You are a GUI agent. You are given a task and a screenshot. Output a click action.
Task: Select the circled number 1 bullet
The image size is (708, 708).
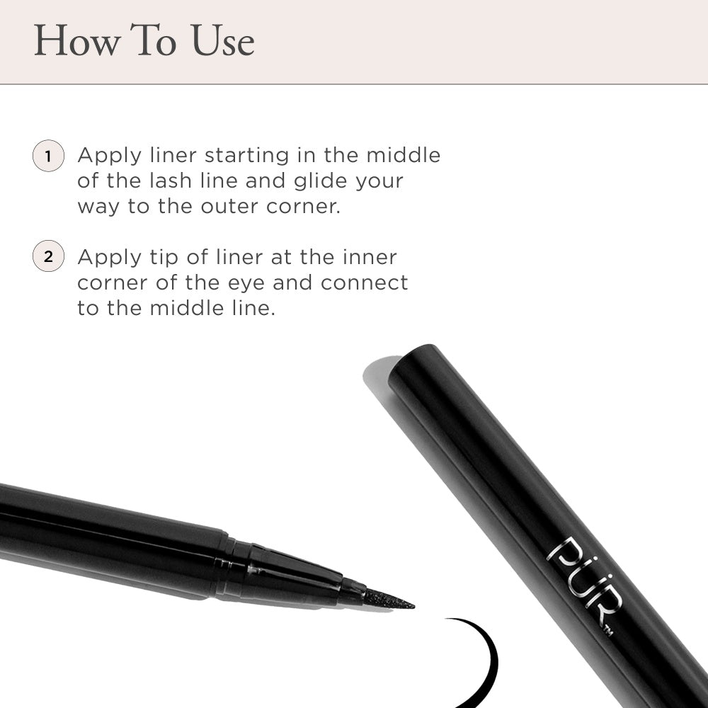pos(48,156)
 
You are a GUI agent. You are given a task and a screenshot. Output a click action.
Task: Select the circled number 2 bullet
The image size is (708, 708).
pos(48,256)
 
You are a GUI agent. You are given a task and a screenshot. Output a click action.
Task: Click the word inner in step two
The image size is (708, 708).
pos(370,258)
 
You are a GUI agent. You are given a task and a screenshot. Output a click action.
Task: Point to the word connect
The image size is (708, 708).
pos(364,283)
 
